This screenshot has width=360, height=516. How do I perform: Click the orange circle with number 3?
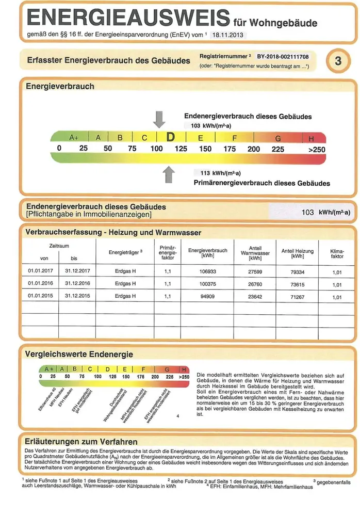338,61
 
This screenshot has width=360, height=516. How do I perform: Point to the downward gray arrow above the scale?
160,120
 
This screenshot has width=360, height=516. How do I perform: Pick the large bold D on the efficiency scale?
171,138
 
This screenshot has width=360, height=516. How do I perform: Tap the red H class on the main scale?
311,139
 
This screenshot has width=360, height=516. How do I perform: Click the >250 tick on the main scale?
317,150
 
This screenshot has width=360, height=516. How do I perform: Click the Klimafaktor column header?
337,253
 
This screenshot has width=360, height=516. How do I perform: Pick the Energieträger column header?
125,252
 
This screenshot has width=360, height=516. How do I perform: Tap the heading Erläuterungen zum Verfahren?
81,442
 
